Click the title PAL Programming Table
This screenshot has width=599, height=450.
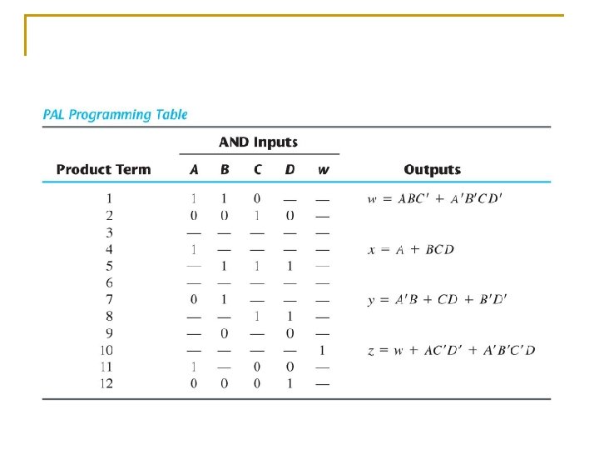115,114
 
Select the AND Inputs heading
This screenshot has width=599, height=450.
258,142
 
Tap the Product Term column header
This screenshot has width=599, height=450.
103,169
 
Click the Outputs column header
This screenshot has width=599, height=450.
432,169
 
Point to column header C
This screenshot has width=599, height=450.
257,169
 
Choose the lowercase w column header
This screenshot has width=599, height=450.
323,170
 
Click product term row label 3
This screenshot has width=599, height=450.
109,232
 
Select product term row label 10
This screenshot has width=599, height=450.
106,350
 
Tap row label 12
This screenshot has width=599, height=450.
106,383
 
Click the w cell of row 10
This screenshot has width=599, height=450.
322,350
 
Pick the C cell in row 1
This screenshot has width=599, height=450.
257,198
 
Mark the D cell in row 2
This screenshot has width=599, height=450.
290,216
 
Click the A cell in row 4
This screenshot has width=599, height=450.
194,249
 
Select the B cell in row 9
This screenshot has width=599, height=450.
225,333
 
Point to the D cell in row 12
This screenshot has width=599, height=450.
290,383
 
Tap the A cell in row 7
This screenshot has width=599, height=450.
194,299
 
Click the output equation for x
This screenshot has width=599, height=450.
411,249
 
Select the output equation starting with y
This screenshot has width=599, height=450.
437,299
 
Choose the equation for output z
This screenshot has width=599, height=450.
451,350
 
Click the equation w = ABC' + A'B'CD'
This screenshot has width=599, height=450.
435,198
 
